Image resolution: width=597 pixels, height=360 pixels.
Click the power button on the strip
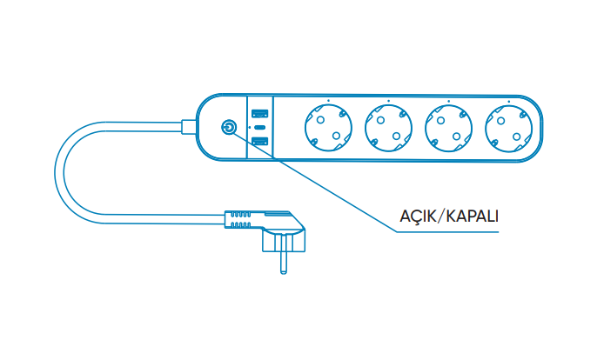pos(229,127)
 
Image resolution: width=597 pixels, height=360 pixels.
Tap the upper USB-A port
pos(259,114)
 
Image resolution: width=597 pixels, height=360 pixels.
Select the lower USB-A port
pos(259,141)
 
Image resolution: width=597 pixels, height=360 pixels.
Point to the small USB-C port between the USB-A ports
pos(259,127)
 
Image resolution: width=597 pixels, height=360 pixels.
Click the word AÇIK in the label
pos(417,215)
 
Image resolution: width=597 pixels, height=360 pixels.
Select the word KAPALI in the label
pos(473,215)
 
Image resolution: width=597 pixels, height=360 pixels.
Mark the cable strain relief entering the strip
pos(189,127)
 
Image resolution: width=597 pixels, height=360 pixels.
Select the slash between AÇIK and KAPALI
pos(441,215)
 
